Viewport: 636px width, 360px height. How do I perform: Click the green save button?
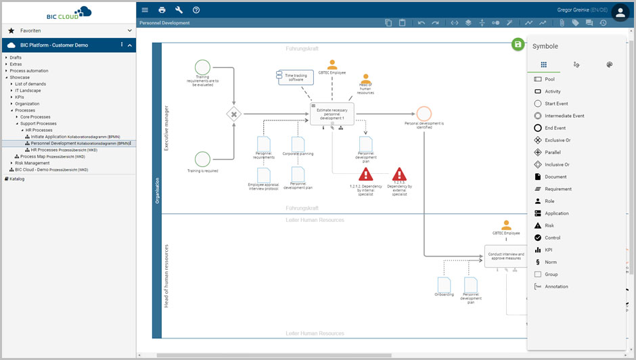[x=518, y=44]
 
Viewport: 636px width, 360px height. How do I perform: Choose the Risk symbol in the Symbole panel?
[x=549, y=225]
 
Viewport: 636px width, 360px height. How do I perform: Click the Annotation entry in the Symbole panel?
[x=556, y=286]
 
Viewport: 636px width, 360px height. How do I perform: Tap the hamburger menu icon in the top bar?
[x=145, y=10]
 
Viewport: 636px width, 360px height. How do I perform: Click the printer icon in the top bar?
[x=162, y=10]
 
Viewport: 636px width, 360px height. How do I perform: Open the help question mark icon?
[x=196, y=10]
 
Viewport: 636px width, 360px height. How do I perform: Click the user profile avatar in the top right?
[x=620, y=13]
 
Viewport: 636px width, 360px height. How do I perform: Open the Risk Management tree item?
[x=32, y=163]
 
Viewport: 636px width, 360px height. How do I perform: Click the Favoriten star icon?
[x=11, y=30]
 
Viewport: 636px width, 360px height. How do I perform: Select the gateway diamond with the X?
[x=234, y=114]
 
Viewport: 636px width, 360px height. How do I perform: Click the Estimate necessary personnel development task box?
[x=332, y=114]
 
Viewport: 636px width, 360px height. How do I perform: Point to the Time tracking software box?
[x=294, y=77]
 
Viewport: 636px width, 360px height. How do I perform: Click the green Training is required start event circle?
[x=202, y=159]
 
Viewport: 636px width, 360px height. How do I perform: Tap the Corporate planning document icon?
[x=298, y=143]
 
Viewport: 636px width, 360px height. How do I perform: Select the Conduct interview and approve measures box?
[x=505, y=256]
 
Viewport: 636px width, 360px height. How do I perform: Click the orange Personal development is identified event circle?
[x=424, y=113]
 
